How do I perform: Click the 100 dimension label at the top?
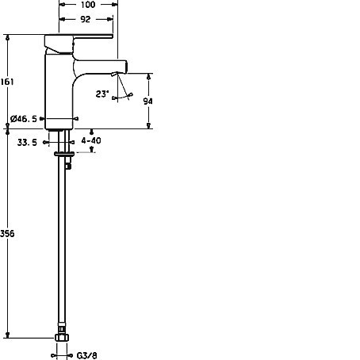point(88,5)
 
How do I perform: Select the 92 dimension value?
point(85,19)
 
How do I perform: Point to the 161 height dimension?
point(6,82)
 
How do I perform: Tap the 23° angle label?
point(102,94)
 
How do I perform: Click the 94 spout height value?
point(147,101)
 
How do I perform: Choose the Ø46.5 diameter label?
point(24,119)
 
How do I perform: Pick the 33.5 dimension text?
point(27,143)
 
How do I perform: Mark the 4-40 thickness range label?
point(91,140)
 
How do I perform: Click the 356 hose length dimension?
point(7,234)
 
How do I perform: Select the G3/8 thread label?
point(87,355)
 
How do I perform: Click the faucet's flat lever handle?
point(79,36)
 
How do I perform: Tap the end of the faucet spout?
point(126,66)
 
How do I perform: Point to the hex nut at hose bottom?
point(62,338)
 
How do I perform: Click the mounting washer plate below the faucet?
point(64,154)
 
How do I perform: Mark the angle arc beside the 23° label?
point(122,97)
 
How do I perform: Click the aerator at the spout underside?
point(115,75)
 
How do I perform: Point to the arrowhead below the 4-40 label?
point(92,150)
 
